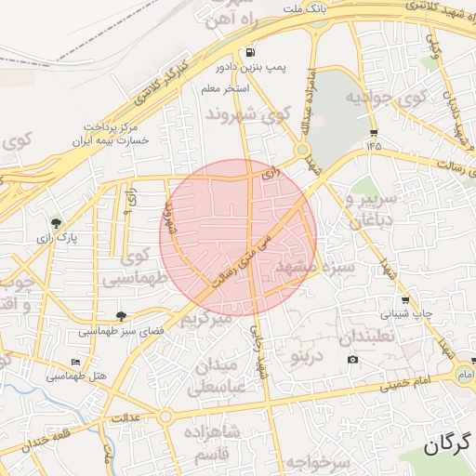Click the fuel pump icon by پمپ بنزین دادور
point(249,53)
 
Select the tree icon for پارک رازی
point(57,222)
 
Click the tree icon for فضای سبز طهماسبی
point(121,316)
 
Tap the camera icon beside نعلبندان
point(351,360)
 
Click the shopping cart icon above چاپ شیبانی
point(406,299)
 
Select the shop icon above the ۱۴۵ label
point(374,132)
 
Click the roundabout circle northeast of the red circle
point(302,150)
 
